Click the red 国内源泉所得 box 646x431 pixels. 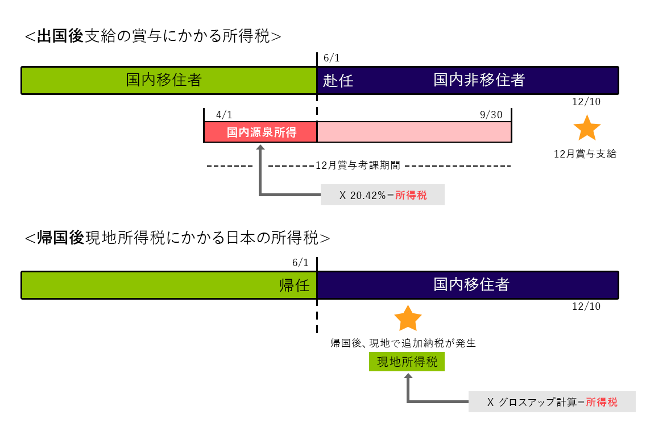pyautogui.click(x=261, y=132)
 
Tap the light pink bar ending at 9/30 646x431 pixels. pyautogui.click(x=414, y=132)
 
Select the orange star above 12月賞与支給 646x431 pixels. pyautogui.click(x=586, y=129)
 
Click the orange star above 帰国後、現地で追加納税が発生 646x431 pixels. pyautogui.click(x=408, y=319)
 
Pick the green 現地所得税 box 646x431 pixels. pyautogui.click(x=407, y=362)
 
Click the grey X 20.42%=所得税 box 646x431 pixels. pyautogui.click(x=382, y=195)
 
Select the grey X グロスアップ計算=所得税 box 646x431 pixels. pyautogui.click(x=552, y=402)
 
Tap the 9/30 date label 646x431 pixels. pyautogui.click(x=491, y=115)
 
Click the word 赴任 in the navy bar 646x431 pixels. pyautogui.click(x=338, y=81)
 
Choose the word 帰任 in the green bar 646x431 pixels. pyautogui.click(x=295, y=285)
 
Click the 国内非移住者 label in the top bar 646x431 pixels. pyautogui.click(x=479, y=80)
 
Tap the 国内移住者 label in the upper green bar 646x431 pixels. pyautogui.click(x=164, y=80)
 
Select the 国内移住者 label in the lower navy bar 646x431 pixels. pyautogui.click(x=471, y=284)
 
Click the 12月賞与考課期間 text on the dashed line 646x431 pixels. pyautogui.click(x=358, y=166)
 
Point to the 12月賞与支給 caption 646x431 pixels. pyautogui.click(x=585, y=154)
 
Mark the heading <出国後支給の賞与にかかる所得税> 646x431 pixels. pyautogui.click(x=154, y=36)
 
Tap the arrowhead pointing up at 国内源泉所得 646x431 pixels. pyautogui.click(x=260, y=147)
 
